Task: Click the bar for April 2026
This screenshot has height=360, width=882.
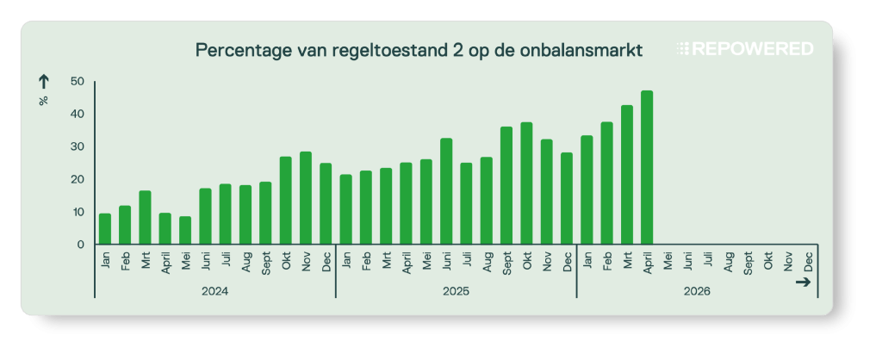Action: pyautogui.click(x=647, y=167)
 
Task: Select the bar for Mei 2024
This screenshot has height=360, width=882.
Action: pyautogui.click(x=185, y=230)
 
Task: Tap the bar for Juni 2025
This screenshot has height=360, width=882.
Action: pyautogui.click(x=446, y=191)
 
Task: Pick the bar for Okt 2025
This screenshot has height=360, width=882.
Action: pyautogui.click(x=526, y=183)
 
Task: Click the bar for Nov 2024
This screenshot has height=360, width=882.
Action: pyautogui.click(x=306, y=198)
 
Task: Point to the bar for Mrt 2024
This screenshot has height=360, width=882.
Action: pyautogui.click(x=145, y=217)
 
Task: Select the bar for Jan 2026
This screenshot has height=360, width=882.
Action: pyautogui.click(x=587, y=189)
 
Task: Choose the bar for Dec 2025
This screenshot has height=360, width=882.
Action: pyautogui.click(x=567, y=198)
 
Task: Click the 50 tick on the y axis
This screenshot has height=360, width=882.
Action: pyautogui.click(x=78, y=82)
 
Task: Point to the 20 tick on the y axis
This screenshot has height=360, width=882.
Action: pyautogui.click(x=78, y=179)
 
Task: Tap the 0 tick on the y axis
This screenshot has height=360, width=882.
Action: pyautogui.click(x=81, y=245)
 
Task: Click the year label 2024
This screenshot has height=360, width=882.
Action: pyautogui.click(x=215, y=291)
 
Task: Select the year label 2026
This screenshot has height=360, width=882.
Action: pyautogui.click(x=697, y=291)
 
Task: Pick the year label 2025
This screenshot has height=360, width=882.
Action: pyautogui.click(x=457, y=291)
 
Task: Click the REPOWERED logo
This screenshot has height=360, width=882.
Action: pyautogui.click(x=745, y=49)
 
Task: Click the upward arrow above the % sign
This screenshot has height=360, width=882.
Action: pyautogui.click(x=43, y=82)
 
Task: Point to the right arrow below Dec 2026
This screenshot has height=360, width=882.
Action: pyautogui.click(x=804, y=282)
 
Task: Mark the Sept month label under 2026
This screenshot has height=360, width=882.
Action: pyautogui.click(x=748, y=262)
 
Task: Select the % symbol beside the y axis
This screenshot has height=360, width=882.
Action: pyautogui.click(x=43, y=101)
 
